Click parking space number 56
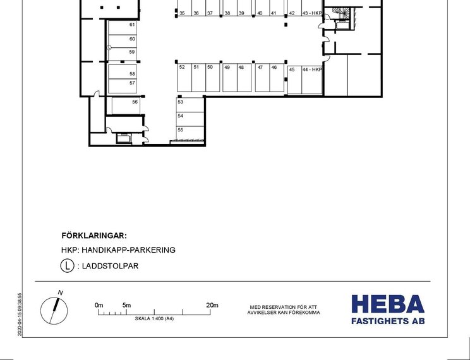tap(126, 105)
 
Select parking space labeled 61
tap(123, 28)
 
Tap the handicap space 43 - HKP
tap(311, 8)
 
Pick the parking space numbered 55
tap(190, 133)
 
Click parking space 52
tap(184, 78)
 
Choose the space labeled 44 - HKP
tap(311, 80)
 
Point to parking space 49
tap(230, 78)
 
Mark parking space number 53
tap(190, 105)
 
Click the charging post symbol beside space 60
tap(109, 47)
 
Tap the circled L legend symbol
tap(67, 265)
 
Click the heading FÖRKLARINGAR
tap(94, 236)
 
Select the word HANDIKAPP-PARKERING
tap(128, 250)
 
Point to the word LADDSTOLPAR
tap(110, 266)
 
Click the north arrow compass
tap(54, 310)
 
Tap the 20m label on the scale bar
tap(212, 305)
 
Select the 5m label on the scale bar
tap(126, 305)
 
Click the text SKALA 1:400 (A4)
tap(154, 319)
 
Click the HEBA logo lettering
tap(388, 304)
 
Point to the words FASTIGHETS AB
tap(388, 321)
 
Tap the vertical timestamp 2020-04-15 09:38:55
tap(20, 314)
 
